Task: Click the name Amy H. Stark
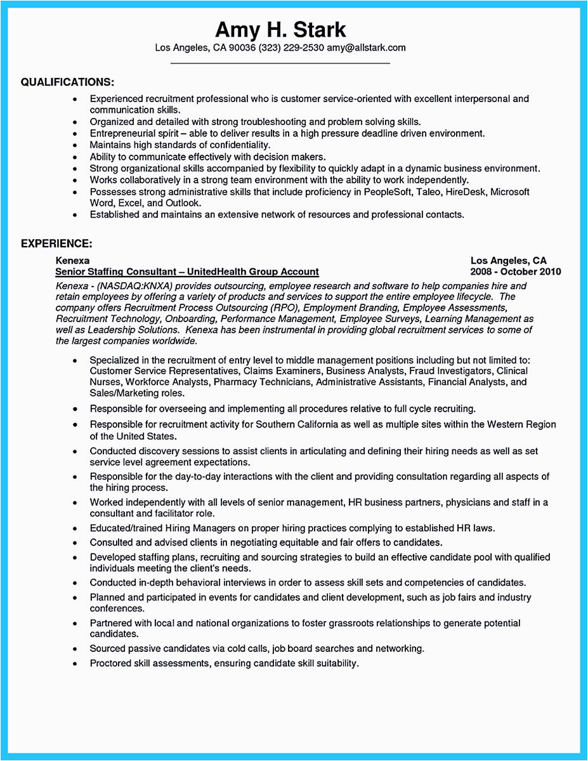(280, 29)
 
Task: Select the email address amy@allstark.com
(366, 48)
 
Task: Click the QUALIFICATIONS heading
(67, 82)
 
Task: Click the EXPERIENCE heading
(56, 244)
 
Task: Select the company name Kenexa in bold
(72, 261)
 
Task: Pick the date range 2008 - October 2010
(516, 271)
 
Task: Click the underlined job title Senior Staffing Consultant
(114, 271)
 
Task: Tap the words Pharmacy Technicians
(263, 382)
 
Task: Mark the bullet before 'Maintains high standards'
(75, 146)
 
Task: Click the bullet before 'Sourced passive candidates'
(75, 649)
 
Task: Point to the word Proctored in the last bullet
(112, 663)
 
